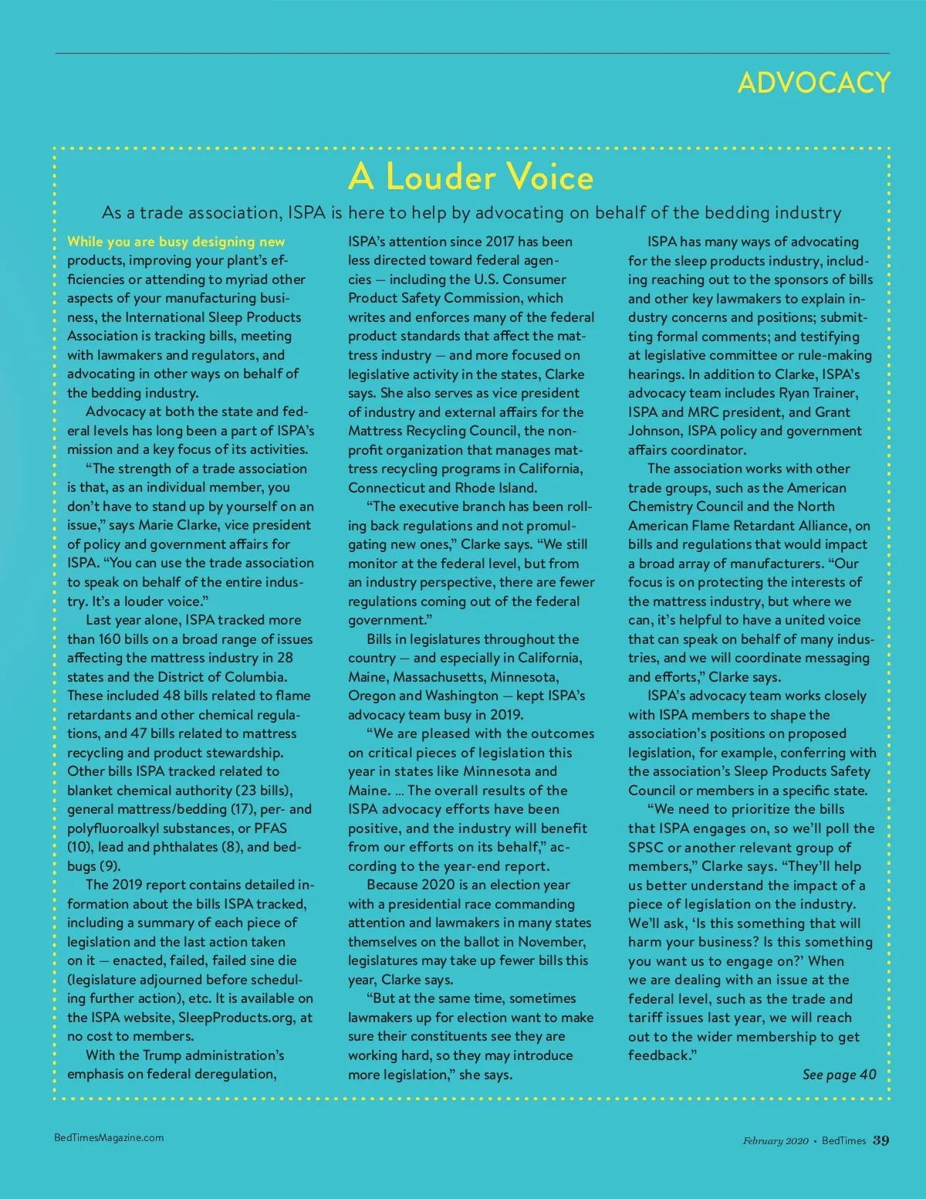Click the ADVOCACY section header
pyautogui.click(x=813, y=83)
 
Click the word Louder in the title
pyautogui.click(x=441, y=177)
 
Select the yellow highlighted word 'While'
pyautogui.click(x=86, y=242)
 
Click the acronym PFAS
pyautogui.click(x=270, y=828)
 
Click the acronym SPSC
pyautogui.click(x=646, y=848)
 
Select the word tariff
pyautogui.click(x=645, y=1018)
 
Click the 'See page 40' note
pyautogui.click(x=839, y=1075)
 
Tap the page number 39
pyautogui.click(x=880, y=1140)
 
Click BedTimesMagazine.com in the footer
pyautogui.click(x=109, y=1137)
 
